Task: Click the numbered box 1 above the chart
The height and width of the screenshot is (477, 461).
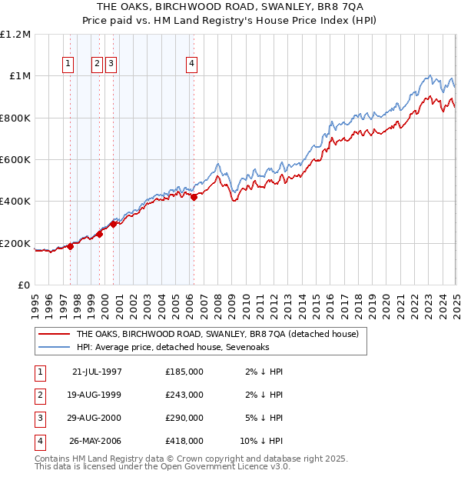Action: click(x=69, y=64)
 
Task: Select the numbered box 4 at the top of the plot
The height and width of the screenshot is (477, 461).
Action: click(x=191, y=64)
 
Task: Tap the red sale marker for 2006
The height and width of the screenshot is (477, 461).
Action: click(x=194, y=198)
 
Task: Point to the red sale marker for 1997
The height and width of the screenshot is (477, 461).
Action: click(x=70, y=246)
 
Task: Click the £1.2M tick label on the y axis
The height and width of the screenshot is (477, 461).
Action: click(x=15, y=35)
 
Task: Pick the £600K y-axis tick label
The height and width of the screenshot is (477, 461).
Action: click(x=15, y=160)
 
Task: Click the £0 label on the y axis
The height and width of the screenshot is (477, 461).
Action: click(x=24, y=285)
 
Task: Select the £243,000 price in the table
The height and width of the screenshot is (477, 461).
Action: click(x=184, y=395)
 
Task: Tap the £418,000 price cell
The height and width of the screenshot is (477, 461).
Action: click(x=184, y=442)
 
